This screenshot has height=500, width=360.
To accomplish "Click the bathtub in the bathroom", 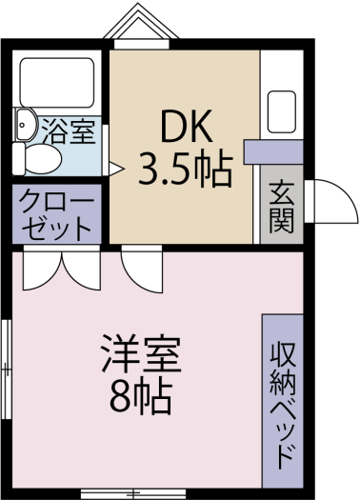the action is click(x=57, y=83).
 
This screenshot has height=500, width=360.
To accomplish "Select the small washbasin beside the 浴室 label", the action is click(x=25, y=124).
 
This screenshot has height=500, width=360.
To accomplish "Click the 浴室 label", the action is click(x=69, y=130).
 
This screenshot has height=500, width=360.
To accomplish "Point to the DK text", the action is click(x=187, y=126).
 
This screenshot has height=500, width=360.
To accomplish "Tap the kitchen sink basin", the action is click(x=282, y=111).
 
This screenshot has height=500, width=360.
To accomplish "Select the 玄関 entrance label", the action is click(x=281, y=208).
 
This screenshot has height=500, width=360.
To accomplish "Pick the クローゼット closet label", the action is click(x=56, y=214).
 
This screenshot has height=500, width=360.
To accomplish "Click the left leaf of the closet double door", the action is click(x=42, y=270).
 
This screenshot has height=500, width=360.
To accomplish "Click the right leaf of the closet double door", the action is click(x=81, y=270).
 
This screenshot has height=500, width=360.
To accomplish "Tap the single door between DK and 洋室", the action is click(x=142, y=272).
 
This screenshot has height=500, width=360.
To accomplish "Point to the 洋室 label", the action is click(x=141, y=353).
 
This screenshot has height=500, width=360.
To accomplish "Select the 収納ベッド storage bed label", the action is click(x=282, y=406).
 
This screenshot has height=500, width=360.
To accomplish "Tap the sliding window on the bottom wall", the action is click(x=133, y=494).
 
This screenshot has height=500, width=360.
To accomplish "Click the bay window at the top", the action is click(x=141, y=27).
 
